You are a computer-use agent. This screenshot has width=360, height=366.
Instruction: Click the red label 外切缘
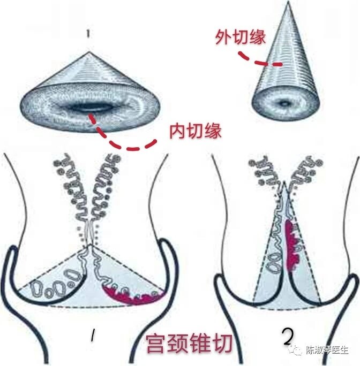241,37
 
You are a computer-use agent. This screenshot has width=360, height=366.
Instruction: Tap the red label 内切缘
196,131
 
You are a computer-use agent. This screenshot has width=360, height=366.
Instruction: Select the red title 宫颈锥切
189,344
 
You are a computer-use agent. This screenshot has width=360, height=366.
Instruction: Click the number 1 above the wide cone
88,34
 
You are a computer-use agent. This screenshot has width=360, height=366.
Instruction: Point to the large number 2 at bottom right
288,337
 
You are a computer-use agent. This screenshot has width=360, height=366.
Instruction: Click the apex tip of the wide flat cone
88,52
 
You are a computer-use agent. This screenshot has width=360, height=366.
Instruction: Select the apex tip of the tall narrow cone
289,2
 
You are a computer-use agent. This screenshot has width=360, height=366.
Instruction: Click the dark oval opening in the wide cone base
86,108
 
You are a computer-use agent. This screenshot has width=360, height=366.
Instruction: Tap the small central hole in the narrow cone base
284,103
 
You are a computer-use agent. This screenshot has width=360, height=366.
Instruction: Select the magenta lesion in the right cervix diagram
290,246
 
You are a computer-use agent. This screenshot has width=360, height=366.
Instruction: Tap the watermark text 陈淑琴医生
327,350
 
